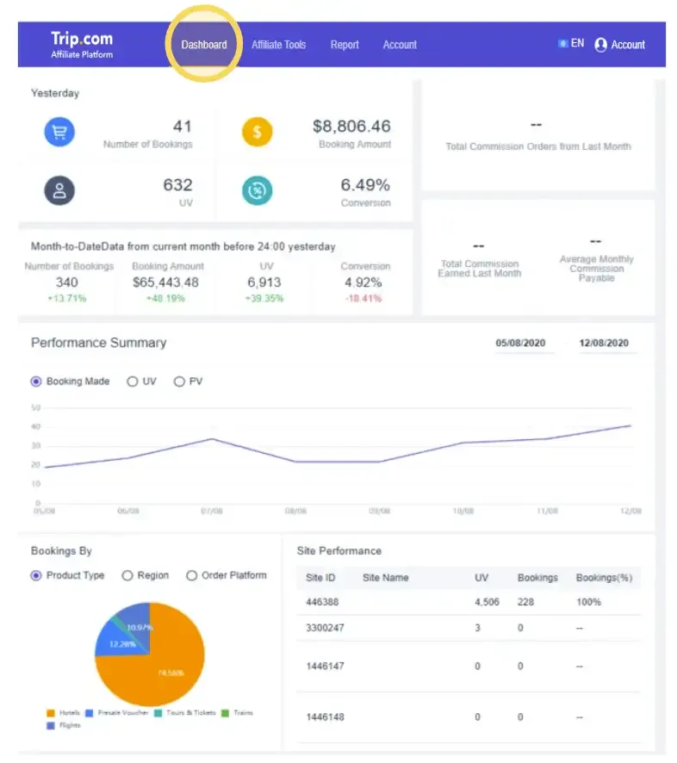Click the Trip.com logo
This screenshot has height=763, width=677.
coord(82,44)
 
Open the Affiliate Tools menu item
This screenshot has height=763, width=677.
coord(278,45)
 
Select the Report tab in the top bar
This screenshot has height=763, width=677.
coord(345,45)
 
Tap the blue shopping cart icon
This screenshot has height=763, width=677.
coord(60,133)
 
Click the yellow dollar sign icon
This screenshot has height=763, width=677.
coord(257,133)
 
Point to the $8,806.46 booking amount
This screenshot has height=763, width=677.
coord(351,126)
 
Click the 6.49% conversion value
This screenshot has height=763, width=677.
coord(365,184)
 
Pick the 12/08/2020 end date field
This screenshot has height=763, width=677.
coord(604,343)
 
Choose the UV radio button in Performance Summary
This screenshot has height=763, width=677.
coord(133,381)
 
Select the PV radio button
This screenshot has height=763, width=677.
coord(179,381)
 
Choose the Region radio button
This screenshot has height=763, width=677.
coord(127,575)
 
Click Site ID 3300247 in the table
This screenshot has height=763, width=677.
coord(325,628)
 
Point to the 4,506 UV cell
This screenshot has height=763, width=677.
coord(487,602)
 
